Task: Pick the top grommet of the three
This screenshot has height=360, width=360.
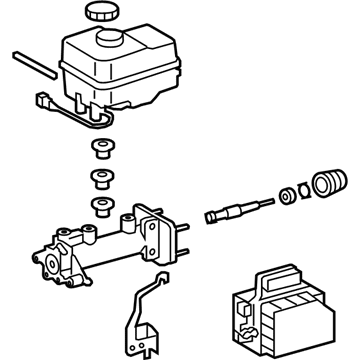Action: (x=100, y=152)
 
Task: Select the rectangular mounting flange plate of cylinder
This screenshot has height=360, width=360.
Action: (x=155, y=231)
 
